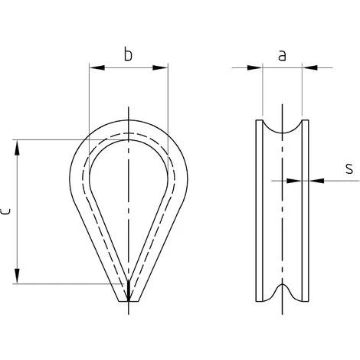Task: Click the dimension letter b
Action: [x=128, y=54]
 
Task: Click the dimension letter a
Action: [x=282, y=56]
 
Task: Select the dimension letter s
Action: [x=349, y=169]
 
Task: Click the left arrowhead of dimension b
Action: [x=97, y=67]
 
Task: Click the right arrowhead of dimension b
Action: [x=160, y=67]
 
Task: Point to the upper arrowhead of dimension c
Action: [x=17, y=147]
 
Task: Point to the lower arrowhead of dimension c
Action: [x=17, y=276]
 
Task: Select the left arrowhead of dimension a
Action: [x=255, y=67]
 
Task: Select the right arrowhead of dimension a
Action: [x=309, y=67]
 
